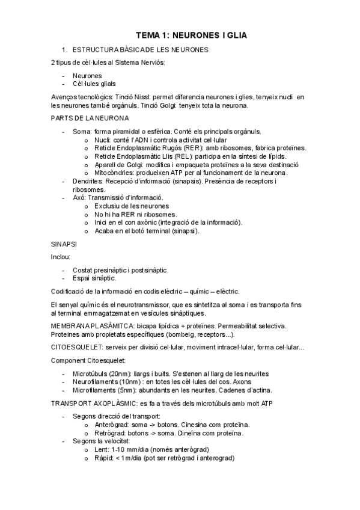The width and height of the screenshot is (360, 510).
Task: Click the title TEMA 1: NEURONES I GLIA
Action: coord(191,36)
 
